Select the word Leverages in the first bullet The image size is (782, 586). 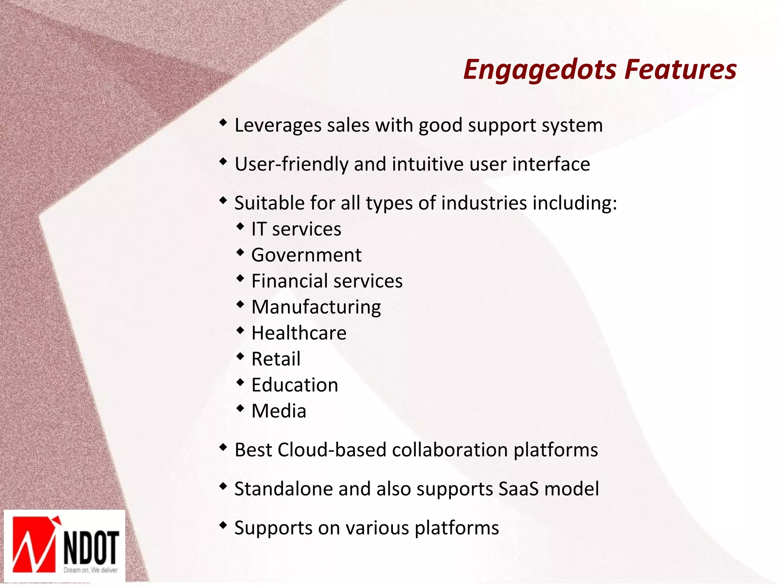(x=278, y=125)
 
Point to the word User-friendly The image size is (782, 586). (x=291, y=164)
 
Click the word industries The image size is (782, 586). (x=484, y=203)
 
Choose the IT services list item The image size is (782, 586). (x=296, y=229)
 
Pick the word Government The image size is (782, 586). (x=306, y=255)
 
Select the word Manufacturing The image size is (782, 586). (x=316, y=307)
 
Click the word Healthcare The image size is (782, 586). (x=299, y=333)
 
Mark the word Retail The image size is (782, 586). (x=276, y=359)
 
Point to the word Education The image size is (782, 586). (x=295, y=385)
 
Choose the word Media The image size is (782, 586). (x=279, y=411)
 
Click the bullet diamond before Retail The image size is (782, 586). (x=240, y=356)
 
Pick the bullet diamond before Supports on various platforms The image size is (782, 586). (x=223, y=525)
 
